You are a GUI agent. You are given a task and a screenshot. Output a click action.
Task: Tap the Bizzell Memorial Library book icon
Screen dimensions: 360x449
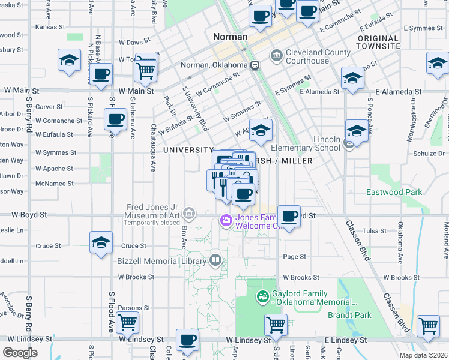[x=215, y=260]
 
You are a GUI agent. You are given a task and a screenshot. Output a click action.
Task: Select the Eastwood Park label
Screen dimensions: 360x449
[x=394, y=192]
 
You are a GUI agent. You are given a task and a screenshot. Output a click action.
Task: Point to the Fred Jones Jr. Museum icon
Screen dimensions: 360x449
[x=190, y=213]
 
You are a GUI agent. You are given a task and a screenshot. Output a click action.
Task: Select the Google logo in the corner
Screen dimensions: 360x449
[x=20, y=352]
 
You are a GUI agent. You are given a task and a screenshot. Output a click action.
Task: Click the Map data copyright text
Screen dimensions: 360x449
[x=424, y=355]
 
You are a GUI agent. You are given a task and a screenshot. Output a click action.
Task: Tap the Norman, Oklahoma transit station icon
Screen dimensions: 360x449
[x=255, y=65]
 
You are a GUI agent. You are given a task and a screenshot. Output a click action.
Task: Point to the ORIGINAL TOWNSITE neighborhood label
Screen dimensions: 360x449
[x=378, y=42]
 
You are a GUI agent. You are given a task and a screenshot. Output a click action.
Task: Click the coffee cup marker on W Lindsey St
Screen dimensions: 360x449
[x=187, y=340]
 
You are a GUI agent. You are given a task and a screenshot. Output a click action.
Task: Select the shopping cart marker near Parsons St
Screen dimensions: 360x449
[x=127, y=323]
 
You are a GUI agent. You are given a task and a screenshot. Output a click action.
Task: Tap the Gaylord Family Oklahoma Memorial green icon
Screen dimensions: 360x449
[x=262, y=296]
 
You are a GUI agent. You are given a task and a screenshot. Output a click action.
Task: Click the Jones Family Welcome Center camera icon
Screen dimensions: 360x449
[x=226, y=220]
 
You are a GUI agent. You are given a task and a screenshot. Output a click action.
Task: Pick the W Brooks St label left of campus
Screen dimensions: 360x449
[x=136, y=277]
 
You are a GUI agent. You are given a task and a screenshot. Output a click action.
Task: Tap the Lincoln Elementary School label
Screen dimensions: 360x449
[x=306, y=144]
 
